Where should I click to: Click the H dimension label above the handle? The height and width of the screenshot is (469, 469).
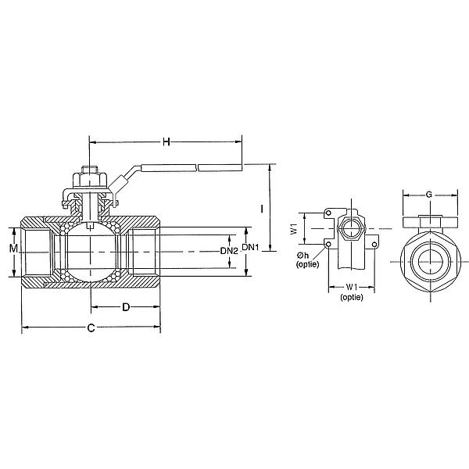tap(166, 141)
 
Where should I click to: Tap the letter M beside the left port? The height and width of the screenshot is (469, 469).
tap(13, 249)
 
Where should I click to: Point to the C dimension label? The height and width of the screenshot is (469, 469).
tap(91, 328)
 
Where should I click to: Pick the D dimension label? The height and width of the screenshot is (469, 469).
tap(126, 307)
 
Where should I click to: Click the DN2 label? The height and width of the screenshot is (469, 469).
tap(228, 251)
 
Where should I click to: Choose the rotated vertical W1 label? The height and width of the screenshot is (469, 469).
tap(293, 230)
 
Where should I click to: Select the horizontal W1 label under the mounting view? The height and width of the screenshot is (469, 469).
tap(352, 287)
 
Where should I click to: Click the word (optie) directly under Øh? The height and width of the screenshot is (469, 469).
tap(307, 266)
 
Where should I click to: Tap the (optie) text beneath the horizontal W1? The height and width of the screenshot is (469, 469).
tap(352, 297)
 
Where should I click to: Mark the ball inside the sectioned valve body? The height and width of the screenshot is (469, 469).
tap(91, 252)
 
